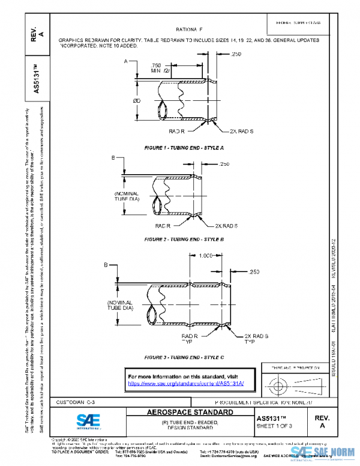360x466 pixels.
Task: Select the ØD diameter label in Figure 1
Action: click(137, 100)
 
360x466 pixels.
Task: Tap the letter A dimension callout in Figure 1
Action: click(127, 61)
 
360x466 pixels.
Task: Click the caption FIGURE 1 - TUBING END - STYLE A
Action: click(184, 147)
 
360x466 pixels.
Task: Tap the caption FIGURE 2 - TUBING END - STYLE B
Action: click(184, 239)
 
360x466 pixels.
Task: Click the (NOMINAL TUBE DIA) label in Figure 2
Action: click(127, 198)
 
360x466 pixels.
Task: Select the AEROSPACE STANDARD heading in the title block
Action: click(190, 413)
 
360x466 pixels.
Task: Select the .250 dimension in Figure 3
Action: click(254, 272)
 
